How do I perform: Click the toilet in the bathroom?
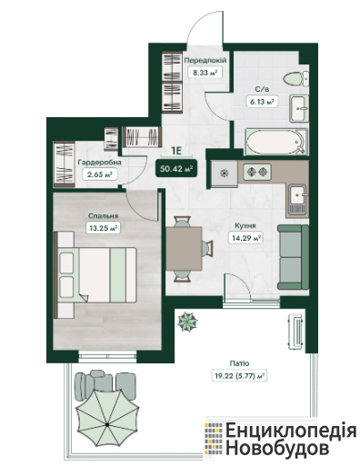tap(296, 78)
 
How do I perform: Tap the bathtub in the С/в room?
tap(276, 142)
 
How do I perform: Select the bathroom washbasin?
tap(299, 108)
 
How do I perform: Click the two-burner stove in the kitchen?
tap(257, 172)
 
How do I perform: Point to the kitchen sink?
tap(298, 199)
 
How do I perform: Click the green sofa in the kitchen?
tap(293, 257)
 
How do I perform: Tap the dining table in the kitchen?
tap(184, 248)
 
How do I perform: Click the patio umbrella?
tap(107, 423)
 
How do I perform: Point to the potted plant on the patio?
tap(187, 322)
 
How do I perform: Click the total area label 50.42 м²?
tap(176, 169)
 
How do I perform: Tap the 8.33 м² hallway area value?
tap(205, 73)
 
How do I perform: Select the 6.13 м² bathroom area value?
tap(262, 102)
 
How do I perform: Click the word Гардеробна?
tap(100, 163)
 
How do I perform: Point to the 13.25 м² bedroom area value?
tap(103, 228)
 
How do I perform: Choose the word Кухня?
tap(245, 226)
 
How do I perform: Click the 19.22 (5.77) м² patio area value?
tap(239, 376)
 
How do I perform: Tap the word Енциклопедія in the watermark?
tap(291, 431)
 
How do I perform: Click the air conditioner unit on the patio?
tap(295, 332)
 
